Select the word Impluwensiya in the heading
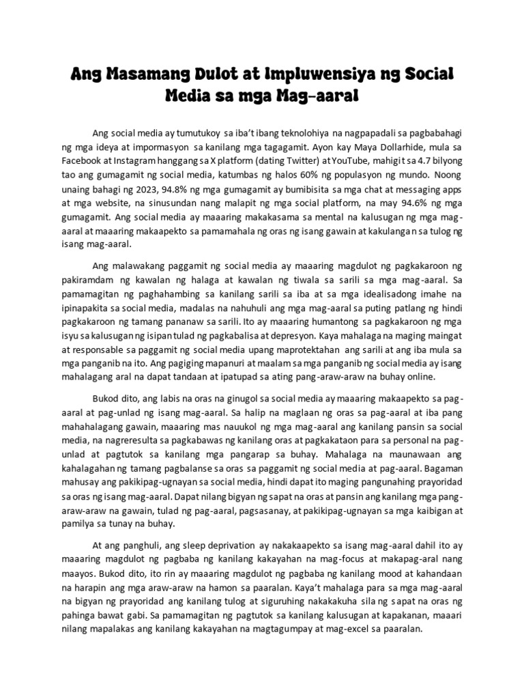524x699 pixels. [319, 74]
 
